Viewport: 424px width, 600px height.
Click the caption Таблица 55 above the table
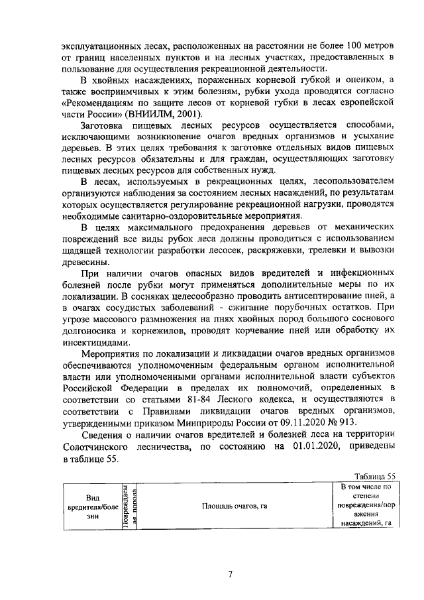click(374, 476)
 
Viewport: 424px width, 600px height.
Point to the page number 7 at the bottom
click(230, 575)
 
